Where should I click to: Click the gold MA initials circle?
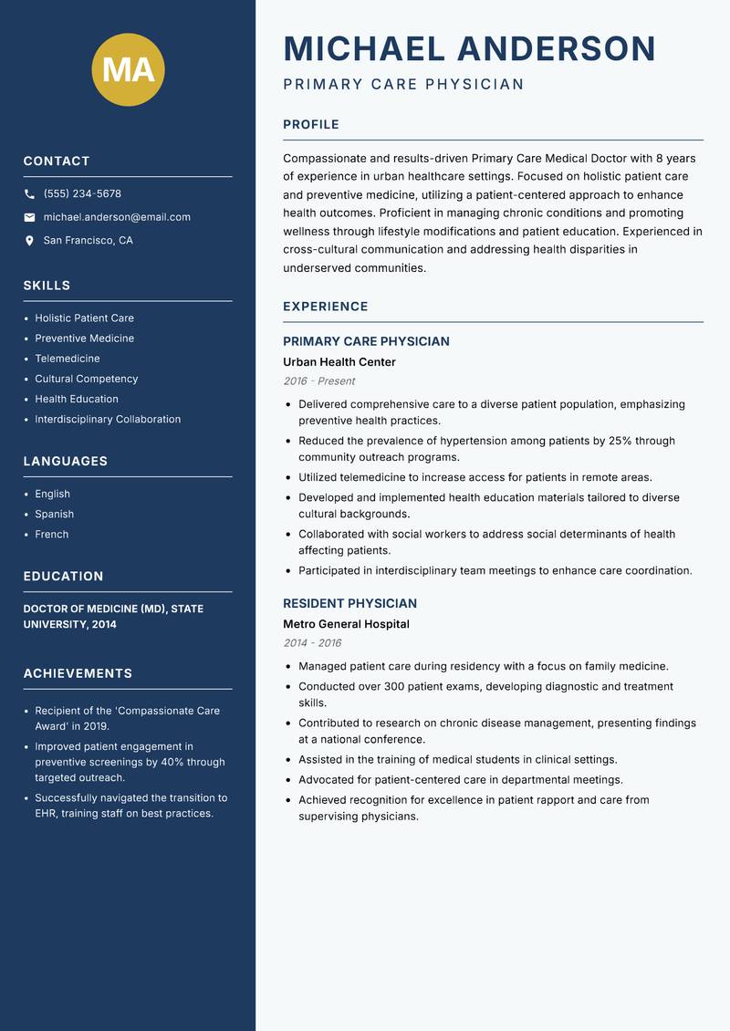(129, 69)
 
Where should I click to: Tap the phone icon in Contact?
(29, 194)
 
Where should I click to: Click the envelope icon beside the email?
(29, 217)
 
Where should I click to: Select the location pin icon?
(29, 241)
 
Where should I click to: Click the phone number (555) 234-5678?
(82, 194)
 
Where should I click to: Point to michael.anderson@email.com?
(117, 217)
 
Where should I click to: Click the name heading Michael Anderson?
(469, 48)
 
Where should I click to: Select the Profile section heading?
(310, 125)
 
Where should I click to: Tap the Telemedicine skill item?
(68, 359)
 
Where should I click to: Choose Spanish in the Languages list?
(55, 515)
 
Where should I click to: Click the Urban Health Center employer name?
(339, 362)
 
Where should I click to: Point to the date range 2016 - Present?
(318, 381)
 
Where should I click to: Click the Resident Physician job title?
(349, 603)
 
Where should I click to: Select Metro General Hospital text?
(346, 624)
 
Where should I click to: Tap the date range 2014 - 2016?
(312, 643)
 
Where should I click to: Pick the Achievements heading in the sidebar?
(78, 673)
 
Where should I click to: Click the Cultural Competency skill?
(87, 379)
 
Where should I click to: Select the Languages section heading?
(65, 462)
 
